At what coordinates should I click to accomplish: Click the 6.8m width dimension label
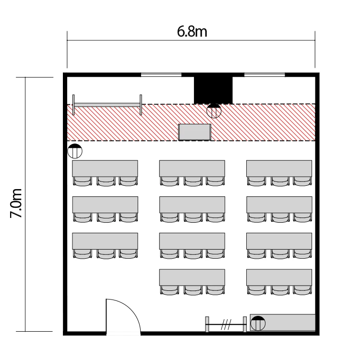[192, 32]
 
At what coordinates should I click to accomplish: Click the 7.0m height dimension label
[16, 203]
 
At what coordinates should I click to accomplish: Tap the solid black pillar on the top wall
[213, 90]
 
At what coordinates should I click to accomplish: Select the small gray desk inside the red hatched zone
[195, 132]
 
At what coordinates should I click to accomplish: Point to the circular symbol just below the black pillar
[214, 111]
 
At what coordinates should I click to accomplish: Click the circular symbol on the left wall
[75, 151]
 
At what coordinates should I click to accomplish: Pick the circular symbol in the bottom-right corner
[258, 323]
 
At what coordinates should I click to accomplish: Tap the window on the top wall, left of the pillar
[161, 74]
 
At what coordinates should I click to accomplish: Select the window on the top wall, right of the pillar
[264, 74]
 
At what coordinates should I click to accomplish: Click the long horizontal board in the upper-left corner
[107, 105]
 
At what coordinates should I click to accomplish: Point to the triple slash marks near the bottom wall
[226, 324]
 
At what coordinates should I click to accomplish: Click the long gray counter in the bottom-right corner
[282, 323]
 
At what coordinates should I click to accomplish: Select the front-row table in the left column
[105, 168]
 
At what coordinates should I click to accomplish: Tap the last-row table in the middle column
[192, 277]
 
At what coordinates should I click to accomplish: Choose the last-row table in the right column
[279, 277]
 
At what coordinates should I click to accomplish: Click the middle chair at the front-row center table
[193, 181]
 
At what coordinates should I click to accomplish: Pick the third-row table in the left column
[105, 241]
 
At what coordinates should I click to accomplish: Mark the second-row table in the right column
[279, 204]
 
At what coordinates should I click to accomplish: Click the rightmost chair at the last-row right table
[302, 290]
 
